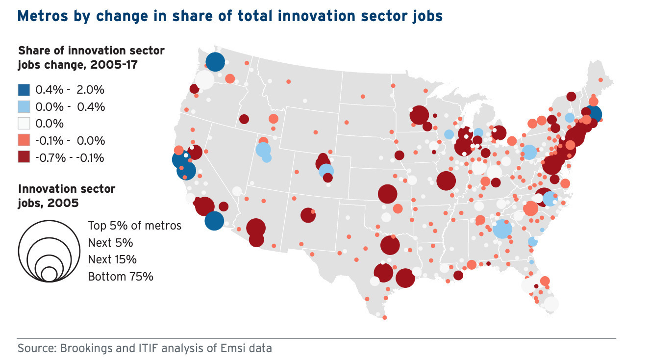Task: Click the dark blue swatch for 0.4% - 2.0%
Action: (x=24, y=90)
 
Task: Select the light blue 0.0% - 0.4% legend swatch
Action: (x=24, y=106)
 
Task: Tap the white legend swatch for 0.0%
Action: (x=24, y=124)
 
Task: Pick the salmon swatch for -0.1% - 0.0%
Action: (x=24, y=140)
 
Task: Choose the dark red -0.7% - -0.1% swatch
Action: (x=24, y=157)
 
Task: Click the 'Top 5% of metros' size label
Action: (x=134, y=226)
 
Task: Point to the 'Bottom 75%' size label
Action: (x=121, y=277)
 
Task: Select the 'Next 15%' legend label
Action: (x=112, y=259)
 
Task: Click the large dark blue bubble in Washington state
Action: (x=215, y=62)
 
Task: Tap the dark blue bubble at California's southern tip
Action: (x=214, y=221)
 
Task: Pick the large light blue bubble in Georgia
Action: (x=502, y=229)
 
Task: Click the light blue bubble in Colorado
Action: (x=326, y=171)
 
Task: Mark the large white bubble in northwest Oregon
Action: (x=204, y=79)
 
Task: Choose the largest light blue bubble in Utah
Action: (x=263, y=150)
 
